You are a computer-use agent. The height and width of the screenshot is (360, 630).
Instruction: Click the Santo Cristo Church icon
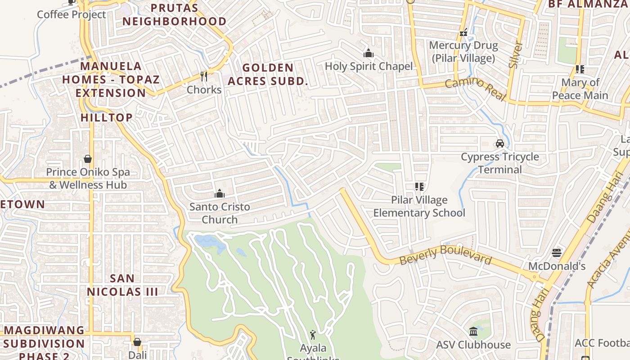click(220, 193)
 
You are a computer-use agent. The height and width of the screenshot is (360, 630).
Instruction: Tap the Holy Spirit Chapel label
click(369, 66)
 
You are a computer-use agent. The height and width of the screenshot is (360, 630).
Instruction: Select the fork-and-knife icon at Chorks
click(204, 76)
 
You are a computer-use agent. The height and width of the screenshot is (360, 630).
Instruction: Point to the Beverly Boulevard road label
click(445, 255)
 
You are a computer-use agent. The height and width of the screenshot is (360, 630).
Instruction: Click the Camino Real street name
click(476, 89)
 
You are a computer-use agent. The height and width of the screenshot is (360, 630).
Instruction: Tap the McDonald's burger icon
click(557, 252)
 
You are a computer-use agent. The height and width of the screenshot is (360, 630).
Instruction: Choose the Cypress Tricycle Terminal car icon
click(499, 143)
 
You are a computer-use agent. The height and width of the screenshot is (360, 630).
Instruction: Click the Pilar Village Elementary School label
click(419, 206)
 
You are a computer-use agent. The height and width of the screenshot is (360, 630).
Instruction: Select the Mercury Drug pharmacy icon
click(463, 32)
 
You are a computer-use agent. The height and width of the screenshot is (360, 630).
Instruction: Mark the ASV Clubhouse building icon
click(473, 332)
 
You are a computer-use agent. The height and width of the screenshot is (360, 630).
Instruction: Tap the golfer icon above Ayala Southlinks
click(313, 334)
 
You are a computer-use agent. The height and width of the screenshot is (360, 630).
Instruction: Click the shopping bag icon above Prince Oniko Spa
click(88, 159)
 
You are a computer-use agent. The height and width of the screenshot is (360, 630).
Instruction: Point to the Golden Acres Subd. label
click(268, 74)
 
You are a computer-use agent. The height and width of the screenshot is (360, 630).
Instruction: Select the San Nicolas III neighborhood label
click(122, 285)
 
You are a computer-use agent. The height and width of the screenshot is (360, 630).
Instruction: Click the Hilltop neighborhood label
click(107, 117)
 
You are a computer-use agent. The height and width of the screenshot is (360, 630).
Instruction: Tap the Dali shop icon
click(137, 342)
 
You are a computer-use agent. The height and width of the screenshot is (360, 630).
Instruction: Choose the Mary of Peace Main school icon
click(580, 69)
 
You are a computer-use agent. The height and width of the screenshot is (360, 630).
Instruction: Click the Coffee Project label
click(72, 14)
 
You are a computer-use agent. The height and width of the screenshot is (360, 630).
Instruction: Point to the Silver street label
click(516, 55)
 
